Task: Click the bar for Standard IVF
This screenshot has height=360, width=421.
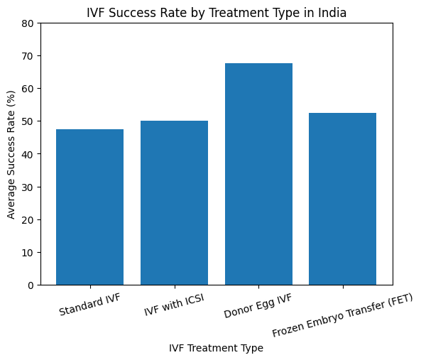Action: pyautogui.click(x=89, y=207)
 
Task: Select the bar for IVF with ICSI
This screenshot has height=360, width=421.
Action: pyautogui.click(x=174, y=202)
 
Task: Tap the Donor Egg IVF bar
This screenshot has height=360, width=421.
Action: pyautogui.click(x=258, y=174)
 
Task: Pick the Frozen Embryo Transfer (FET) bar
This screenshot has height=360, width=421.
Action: pyautogui.click(x=343, y=199)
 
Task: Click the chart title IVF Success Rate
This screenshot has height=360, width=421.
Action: pyautogui.click(x=217, y=12)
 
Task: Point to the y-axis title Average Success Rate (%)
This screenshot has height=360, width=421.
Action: pyautogui.click(x=11, y=154)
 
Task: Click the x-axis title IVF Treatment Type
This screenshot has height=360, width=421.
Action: pyautogui.click(x=216, y=348)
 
